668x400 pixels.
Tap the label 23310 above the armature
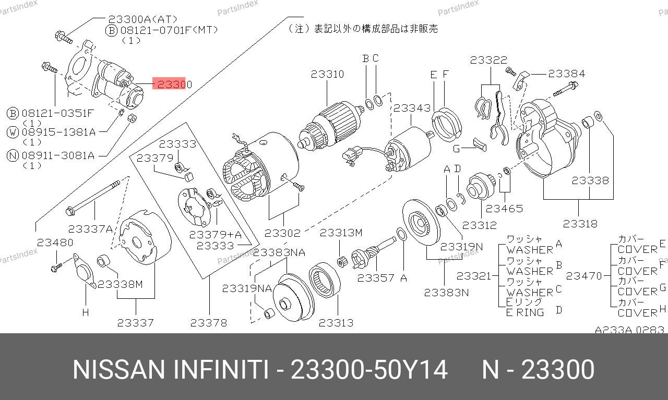click(327, 74)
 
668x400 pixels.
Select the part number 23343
click(412, 108)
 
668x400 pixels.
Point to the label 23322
click(488, 60)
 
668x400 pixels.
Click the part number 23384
click(567, 74)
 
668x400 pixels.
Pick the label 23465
click(504, 209)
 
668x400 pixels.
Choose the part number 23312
click(480, 225)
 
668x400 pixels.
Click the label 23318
click(580, 224)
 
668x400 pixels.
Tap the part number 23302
click(282, 233)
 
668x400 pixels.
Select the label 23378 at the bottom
click(208, 322)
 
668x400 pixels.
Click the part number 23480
click(55, 243)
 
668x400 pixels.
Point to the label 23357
click(375, 278)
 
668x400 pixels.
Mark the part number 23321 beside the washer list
click(473, 276)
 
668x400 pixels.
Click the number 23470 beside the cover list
click(584, 276)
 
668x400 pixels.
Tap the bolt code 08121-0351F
click(58, 113)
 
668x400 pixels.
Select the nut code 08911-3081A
click(58, 155)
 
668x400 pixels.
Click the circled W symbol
click(13, 132)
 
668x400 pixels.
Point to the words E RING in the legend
click(525, 312)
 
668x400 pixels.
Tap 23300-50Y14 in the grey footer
click(369, 370)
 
